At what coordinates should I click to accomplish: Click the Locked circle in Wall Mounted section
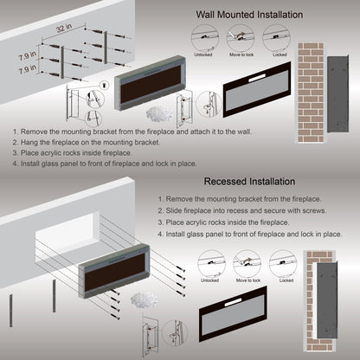(280, 39)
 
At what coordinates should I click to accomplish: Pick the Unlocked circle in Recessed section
(209, 264)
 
